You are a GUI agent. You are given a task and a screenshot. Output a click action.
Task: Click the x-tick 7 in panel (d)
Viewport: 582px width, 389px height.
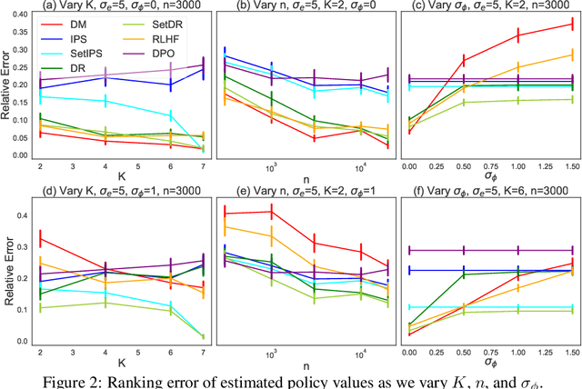[204, 350]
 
